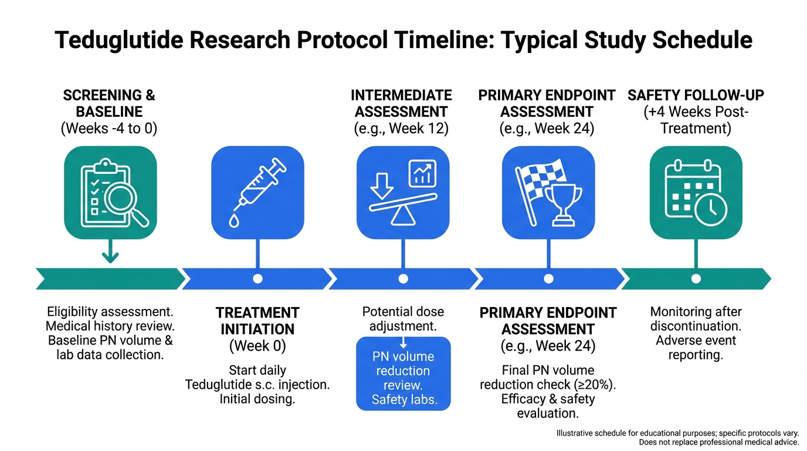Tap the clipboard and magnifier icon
[x=110, y=193]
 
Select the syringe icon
[x=257, y=193]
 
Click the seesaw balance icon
[x=403, y=193]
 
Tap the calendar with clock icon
[x=696, y=193]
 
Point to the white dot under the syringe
[x=257, y=279]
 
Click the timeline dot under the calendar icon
[x=696, y=279]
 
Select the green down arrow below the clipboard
[x=110, y=256]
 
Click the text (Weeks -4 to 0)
[x=110, y=129]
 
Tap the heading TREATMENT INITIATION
[x=257, y=321]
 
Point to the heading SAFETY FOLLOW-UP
[x=696, y=95]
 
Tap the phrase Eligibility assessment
[x=110, y=311]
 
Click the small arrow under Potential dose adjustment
[x=403, y=342]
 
